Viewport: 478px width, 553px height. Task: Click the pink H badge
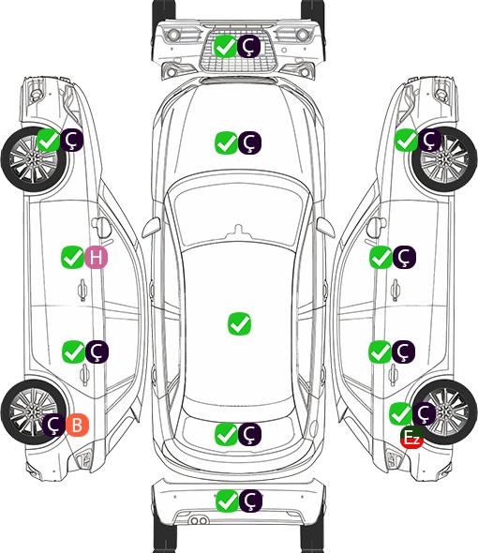click(x=96, y=258)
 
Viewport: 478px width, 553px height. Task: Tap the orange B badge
click(x=77, y=425)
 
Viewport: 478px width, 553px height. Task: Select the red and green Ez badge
click(x=411, y=438)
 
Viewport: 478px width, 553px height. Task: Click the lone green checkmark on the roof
click(x=240, y=323)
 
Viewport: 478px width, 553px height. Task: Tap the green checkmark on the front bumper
click(x=225, y=46)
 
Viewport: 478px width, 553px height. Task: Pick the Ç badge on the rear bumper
click(x=250, y=501)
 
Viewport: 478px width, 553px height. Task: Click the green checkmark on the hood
click(x=226, y=142)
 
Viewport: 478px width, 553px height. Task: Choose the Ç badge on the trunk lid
click(x=249, y=434)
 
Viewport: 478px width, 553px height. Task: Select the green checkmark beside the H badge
click(x=73, y=258)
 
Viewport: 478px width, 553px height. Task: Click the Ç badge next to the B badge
click(x=54, y=425)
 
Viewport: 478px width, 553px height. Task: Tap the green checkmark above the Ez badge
click(x=400, y=413)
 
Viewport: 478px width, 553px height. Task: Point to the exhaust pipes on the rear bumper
click(x=199, y=521)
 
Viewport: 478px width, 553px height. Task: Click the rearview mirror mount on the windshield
click(x=239, y=231)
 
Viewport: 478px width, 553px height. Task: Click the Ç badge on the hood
click(x=249, y=142)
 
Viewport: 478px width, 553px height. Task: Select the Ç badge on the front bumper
click(x=248, y=46)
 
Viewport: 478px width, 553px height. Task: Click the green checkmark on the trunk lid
click(x=226, y=434)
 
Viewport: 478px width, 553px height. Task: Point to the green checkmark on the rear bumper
click(x=227, y=501)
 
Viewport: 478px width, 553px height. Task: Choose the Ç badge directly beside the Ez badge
click(x=424, y=413)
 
